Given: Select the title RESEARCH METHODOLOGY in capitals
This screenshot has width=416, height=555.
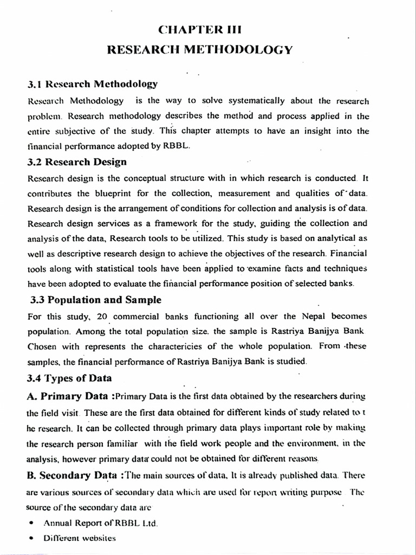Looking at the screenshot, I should click(201, 50).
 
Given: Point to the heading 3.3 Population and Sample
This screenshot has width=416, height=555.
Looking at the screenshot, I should click(95, 300).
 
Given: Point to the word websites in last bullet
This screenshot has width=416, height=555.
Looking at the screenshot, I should click(98, 539).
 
